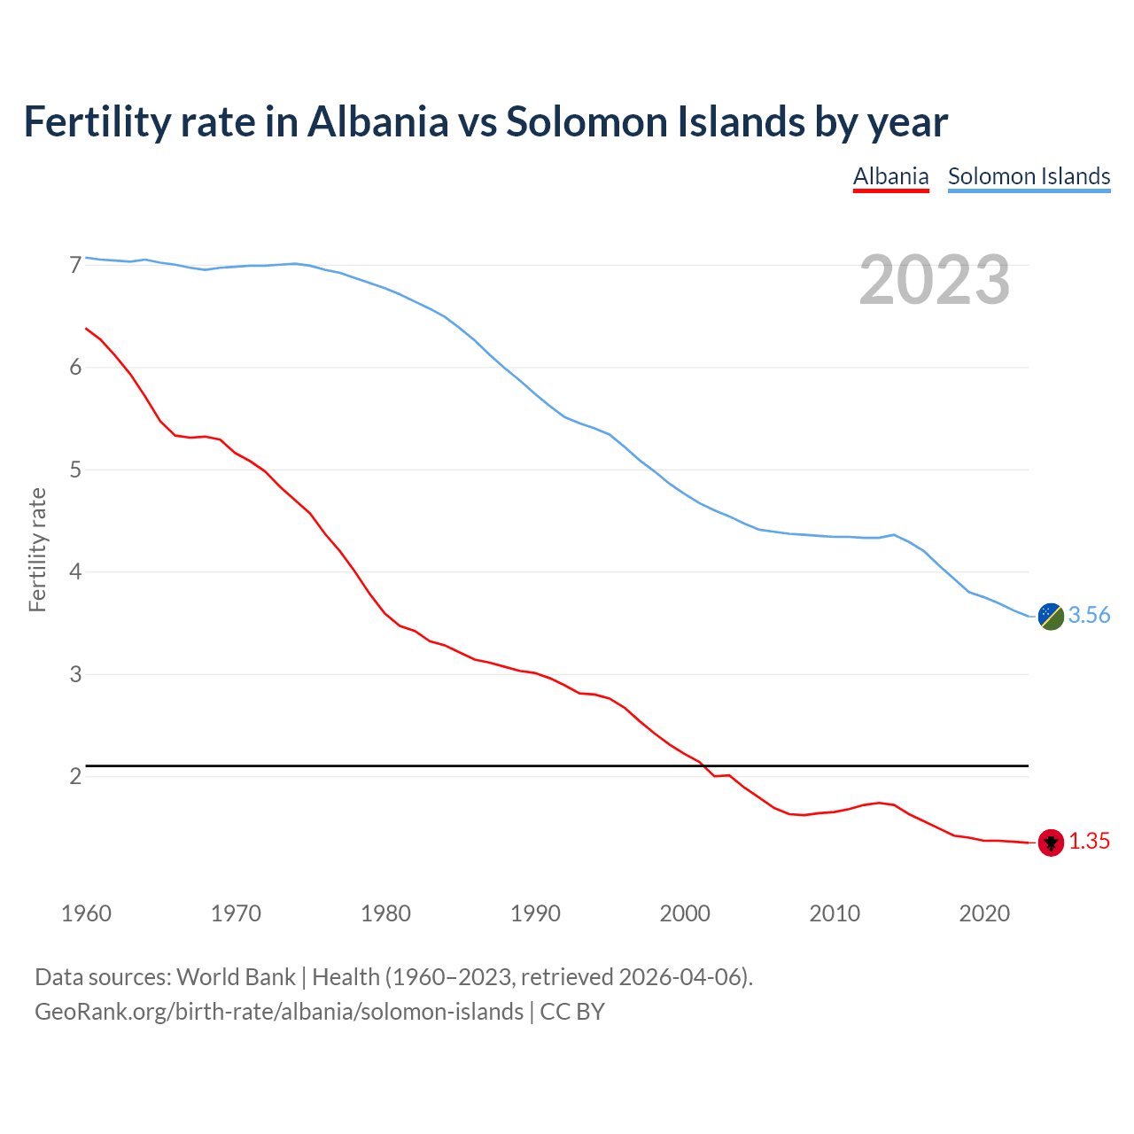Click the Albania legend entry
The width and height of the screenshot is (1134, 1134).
tap(890, 176)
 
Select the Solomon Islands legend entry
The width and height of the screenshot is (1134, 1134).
tap(1029, 176)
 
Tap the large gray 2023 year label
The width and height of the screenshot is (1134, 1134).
tap(934, 280)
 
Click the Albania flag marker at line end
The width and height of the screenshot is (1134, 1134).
tap(1051, 843)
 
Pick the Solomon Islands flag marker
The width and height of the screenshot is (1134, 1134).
tap(1051, 617)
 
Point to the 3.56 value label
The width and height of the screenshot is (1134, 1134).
tap(1089, 615)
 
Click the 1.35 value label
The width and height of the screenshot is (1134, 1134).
tap(1089, 841)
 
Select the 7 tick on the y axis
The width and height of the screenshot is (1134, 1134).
tap(75, 265)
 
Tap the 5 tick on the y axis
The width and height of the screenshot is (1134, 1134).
tap(75, 470)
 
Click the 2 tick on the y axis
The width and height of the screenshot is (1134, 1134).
tap(75, 777)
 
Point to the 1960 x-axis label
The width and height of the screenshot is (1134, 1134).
tap(86, 913)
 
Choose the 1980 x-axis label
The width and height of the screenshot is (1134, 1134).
tap(385, 913)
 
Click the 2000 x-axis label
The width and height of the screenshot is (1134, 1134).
tap(685, 913)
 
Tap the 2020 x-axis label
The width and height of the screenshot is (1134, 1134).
tap(984, 913)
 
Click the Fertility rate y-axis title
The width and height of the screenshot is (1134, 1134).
tap(37, 549)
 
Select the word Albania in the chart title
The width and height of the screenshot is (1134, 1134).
tap(377, 121)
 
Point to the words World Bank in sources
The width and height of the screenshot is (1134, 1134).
tap(236, 976)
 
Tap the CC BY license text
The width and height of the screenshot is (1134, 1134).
tap(572, 1011)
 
